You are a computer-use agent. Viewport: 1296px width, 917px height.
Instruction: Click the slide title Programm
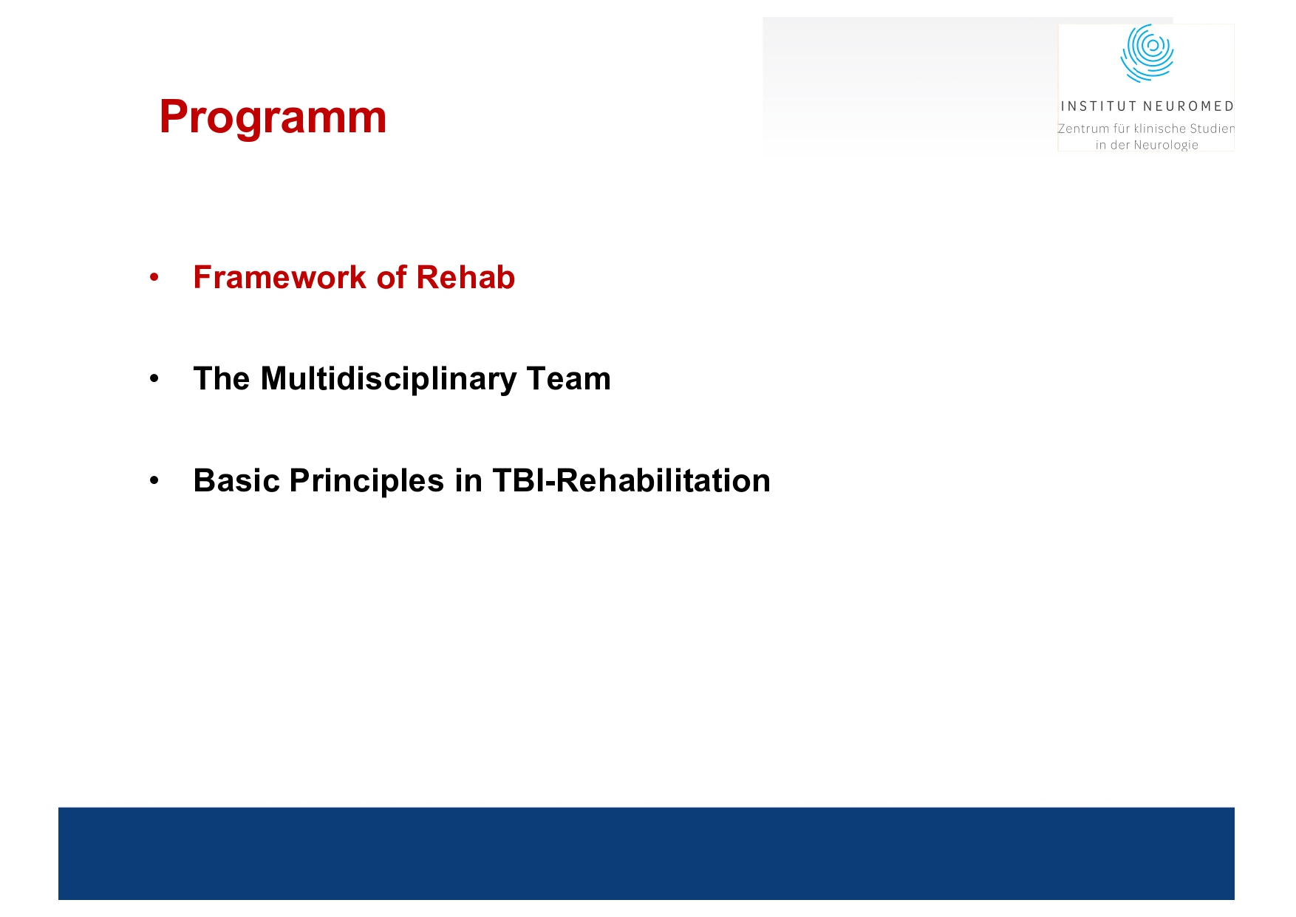273,117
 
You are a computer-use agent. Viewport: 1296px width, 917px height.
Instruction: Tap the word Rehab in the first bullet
465,278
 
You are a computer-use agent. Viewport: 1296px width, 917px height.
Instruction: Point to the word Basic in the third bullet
236,481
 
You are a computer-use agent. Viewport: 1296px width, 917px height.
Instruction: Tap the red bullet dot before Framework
154,278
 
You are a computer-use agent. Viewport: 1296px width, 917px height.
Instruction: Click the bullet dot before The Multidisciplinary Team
154,379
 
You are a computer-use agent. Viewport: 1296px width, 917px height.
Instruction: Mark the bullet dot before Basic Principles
154,481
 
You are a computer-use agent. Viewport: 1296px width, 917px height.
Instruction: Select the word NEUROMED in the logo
1188,106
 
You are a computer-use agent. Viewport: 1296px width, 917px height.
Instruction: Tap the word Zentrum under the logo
1083,129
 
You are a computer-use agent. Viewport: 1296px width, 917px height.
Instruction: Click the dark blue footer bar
646,853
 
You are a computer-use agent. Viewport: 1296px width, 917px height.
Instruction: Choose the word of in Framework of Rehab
391,278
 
